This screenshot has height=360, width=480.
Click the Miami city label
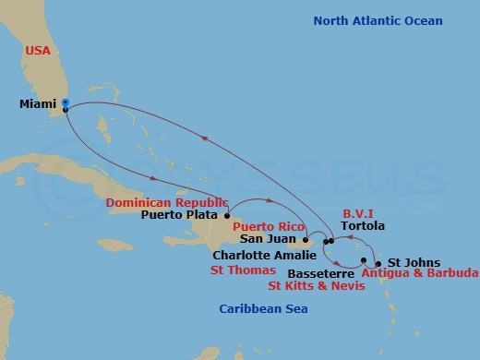39,103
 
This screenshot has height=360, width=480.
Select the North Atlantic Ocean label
378,21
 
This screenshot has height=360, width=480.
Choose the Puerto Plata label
181,217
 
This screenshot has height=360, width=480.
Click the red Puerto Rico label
269,225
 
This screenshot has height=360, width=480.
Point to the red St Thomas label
243,270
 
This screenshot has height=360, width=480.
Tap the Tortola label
362,225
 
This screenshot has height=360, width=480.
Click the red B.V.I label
359,210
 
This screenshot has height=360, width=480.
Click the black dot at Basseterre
364,260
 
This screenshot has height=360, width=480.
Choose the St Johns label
409,262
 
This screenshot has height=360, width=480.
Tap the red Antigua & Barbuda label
419,273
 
